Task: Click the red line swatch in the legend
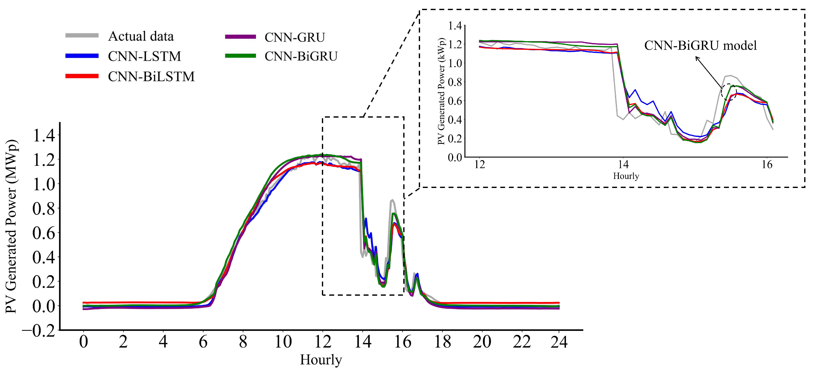point(82,76)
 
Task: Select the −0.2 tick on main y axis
point(38,331)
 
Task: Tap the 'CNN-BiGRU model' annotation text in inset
point(700,46)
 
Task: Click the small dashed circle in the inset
point(729,92)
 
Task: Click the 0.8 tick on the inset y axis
point(455,82)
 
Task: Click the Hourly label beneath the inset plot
point(626,176)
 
